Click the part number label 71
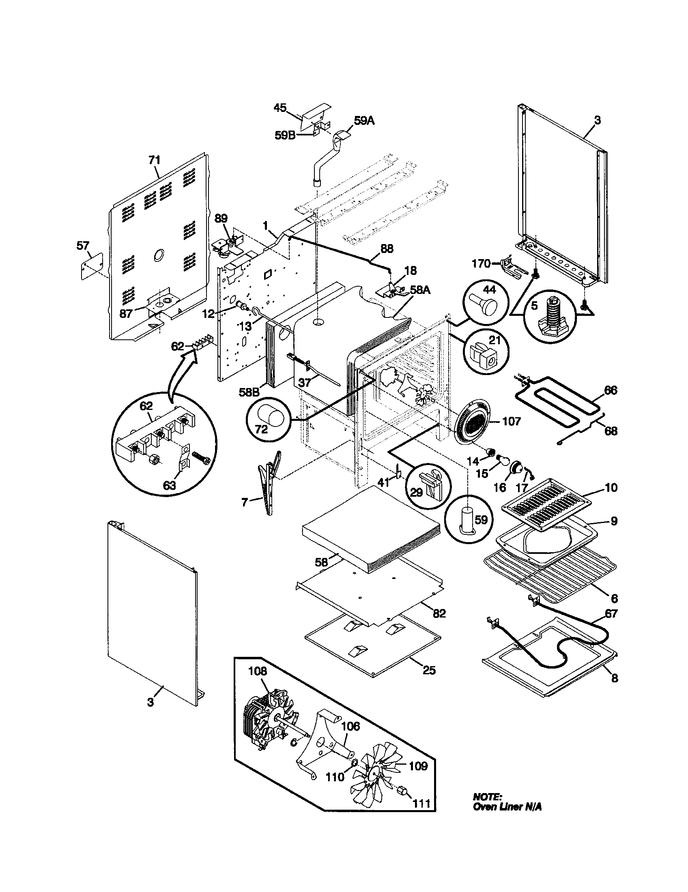pyautogui.click(x=154, y=160)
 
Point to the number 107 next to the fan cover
pyautogui.click(x=512, y=421)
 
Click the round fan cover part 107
pyautogui.click(x=473, y=422)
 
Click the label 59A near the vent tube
pyautogui.click(x=364, y=121)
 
